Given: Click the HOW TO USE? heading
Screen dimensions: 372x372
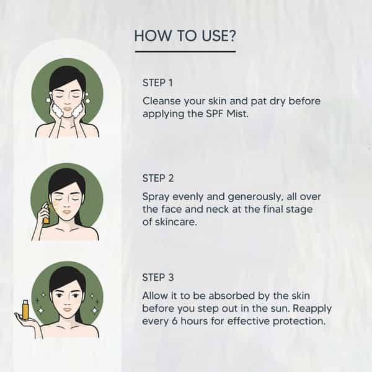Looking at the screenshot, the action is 185,36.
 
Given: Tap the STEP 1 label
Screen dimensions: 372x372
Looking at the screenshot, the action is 157,83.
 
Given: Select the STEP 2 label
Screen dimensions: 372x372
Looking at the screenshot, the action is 158,179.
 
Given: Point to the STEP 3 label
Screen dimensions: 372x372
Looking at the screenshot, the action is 158,277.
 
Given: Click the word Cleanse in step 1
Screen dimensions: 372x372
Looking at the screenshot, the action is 162,101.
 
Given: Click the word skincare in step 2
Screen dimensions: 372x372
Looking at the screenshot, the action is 176,222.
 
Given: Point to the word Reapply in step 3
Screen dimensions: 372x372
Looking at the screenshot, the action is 312,309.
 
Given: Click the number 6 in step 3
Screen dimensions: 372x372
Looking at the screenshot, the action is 175,321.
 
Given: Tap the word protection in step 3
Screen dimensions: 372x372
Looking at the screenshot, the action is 299,322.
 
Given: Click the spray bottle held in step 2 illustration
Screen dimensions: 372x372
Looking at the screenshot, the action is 45,213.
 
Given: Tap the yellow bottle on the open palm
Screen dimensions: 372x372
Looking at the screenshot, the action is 25,309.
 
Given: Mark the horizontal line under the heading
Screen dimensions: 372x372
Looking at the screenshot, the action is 185,51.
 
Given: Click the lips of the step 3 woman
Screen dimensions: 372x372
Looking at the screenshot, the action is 68,309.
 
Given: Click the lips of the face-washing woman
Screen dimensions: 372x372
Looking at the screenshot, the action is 68,110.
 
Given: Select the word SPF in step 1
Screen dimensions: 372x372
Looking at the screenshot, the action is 215,114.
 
